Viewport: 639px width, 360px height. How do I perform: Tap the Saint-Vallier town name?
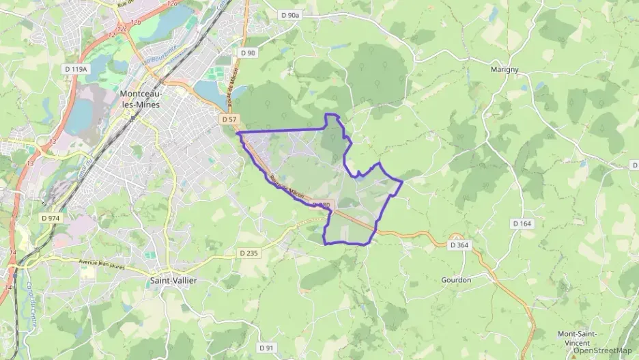click(169, 280)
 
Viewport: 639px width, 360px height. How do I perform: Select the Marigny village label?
click(505, 69)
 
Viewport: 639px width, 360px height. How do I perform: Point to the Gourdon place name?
click(456, 280)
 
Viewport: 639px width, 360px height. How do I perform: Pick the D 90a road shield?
click(290, 14)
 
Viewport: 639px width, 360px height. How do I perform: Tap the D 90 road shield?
click(248, 53)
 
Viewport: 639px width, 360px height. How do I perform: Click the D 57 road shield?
click(229, 120)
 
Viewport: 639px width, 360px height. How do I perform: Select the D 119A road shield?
click(76, 69)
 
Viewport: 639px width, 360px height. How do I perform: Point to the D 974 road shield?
click(50, 217)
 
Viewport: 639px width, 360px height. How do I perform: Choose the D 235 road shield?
click(249, 253)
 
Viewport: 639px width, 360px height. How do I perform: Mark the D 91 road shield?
click(266, 348)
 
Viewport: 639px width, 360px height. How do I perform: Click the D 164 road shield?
click(522, 223)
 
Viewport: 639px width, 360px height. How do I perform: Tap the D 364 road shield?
click(459, 245)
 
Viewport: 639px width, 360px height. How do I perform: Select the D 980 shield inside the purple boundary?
click(322, 204)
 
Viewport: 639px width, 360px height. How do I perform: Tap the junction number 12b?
click(135, 23)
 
